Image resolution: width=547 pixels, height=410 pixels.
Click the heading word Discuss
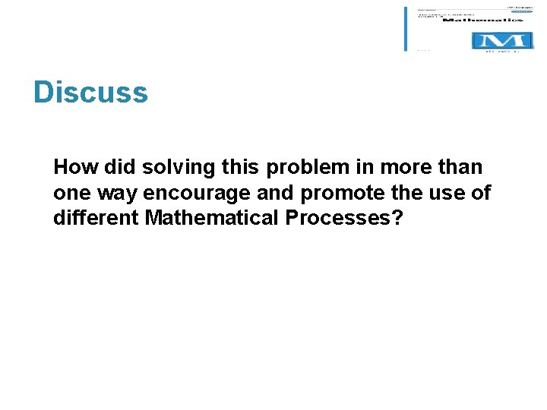pos(90,93)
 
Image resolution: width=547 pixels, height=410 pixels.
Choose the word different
pos(96,219)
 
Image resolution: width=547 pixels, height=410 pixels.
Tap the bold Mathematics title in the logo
pos(483,20)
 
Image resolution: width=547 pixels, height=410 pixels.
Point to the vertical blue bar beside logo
pos(406,29)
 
